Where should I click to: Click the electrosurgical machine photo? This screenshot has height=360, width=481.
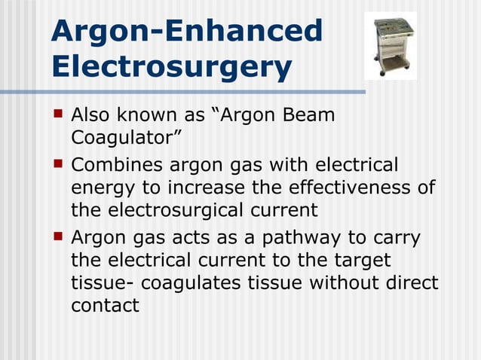pyautogui.click(x=391, y=44)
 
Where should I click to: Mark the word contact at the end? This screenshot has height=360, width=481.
pyautogui.click(x=105, y=305)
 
